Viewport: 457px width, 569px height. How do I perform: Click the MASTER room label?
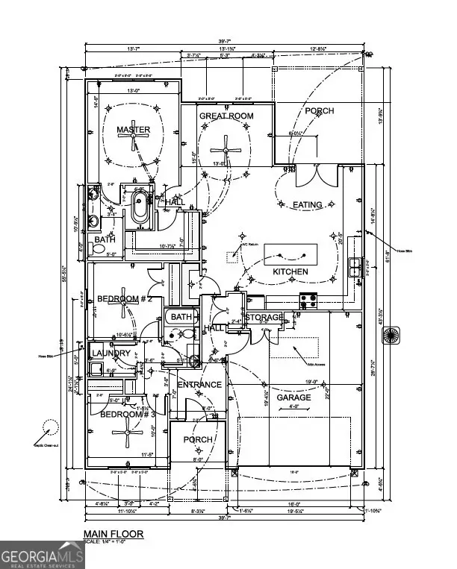134,130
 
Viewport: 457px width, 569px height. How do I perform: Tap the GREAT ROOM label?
226,116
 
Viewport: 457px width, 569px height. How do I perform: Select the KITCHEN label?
290,271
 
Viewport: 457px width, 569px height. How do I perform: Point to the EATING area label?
307,204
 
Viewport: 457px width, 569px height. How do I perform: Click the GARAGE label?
294,397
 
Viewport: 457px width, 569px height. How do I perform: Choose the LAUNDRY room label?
111,353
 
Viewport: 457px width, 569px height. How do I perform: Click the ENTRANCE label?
199,385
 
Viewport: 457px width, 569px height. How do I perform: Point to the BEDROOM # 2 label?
124,299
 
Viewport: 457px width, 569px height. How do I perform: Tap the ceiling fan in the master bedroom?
134,148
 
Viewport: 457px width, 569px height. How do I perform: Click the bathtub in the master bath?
140,210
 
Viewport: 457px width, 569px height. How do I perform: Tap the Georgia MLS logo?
39,555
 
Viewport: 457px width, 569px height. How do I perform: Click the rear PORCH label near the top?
320,111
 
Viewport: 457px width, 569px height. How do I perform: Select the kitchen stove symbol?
308,301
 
